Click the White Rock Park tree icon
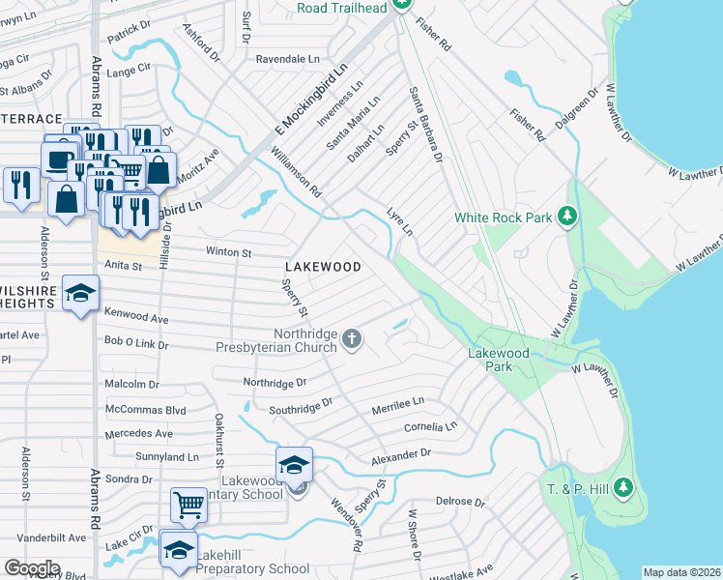click(x=569, y=217)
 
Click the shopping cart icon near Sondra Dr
click(x=188, y=504)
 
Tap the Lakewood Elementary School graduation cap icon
click(x=295, y=465)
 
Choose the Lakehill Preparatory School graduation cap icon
click(x=178, y=550)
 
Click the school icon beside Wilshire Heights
click(x=81, y=293)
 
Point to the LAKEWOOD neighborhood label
click(x=323, y=267)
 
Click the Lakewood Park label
click(x=498, y=360)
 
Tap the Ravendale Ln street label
click(x=287, y=59)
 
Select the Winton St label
click(x=228, y=252)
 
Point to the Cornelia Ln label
click(x=430, y=426)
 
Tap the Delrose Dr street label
click(x=459, y=502)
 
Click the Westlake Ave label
click(x=468, y=570)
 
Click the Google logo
click(x=32, y=568)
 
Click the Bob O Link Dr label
click(x=136, y=344)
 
